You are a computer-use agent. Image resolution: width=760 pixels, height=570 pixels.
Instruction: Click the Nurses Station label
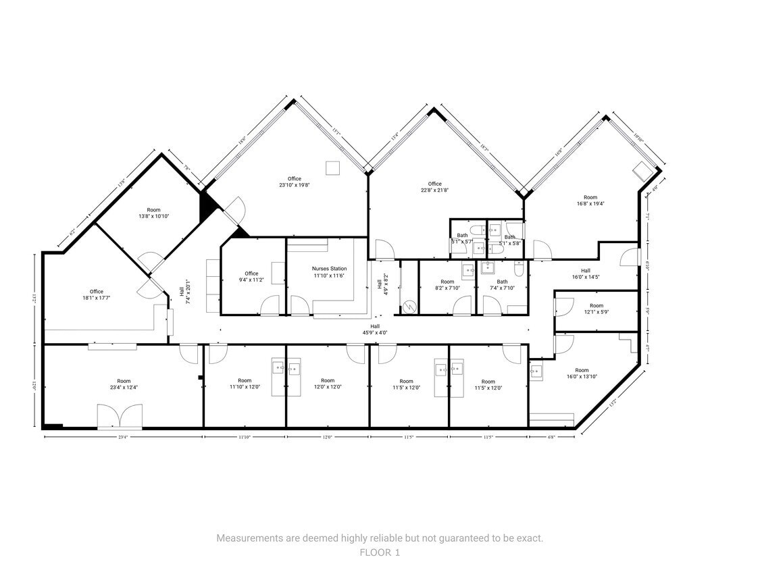point(329,272)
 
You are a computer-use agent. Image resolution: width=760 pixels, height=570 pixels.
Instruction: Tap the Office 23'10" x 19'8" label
point(294,182)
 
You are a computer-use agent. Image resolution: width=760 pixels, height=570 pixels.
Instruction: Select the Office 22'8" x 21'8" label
point(434,187)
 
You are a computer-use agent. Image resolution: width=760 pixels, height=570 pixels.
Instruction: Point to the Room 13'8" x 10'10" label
point(153,213)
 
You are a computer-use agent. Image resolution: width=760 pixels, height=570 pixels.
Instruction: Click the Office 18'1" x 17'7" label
point(96,294)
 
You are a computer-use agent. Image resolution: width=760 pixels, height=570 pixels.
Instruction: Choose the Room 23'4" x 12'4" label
point(124,384)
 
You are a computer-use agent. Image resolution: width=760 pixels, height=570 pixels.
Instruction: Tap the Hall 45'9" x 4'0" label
point(374,329)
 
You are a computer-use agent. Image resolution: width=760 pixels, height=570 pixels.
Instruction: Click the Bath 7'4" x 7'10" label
point(502,285)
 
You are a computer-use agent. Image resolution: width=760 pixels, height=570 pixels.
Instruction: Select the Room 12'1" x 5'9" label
point(596,309)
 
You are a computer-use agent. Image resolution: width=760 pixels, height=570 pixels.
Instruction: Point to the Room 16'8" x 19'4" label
point(590,200)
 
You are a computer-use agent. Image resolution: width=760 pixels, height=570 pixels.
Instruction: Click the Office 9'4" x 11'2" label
point(251,277)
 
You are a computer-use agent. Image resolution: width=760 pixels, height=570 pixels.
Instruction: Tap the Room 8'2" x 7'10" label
point(447,285)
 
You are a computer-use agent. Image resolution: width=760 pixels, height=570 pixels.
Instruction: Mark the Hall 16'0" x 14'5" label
point(585,274)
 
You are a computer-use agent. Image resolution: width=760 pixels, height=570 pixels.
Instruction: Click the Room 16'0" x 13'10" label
point(582,373)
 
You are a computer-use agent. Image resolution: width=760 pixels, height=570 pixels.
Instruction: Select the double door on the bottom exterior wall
point(120,417)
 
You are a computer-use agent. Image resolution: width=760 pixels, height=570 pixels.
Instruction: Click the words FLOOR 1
point(380,552)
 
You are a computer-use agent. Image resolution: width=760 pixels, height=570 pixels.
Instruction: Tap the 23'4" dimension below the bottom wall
point(123,438)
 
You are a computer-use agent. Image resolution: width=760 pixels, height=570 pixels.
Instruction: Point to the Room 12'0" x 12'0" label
point(327,384)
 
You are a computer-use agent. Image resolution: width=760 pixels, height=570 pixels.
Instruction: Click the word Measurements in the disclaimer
point(247,538)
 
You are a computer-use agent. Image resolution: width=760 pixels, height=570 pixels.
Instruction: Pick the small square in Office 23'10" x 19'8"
point(332,167)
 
